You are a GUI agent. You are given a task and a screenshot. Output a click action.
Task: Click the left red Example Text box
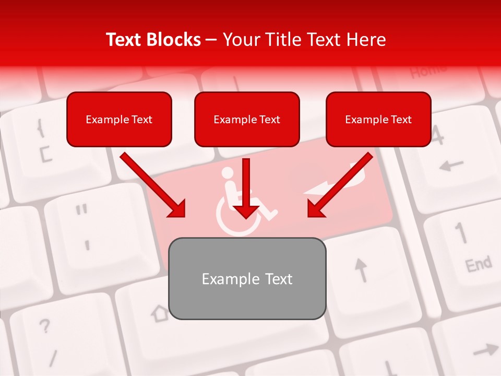pyautogui.click(x=119, y=119)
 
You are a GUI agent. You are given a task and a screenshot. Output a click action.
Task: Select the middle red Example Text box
pyautogui.click(x=247, y=119)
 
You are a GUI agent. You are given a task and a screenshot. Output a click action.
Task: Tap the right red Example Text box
pyautogui.click(x=378, y=119)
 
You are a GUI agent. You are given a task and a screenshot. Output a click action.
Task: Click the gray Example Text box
pyautogui.click(x=247, y=279)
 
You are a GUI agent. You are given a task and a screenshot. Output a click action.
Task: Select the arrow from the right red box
pyautogui.click(x=340, y=185)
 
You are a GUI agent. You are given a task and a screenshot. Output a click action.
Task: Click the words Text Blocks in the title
pyautogui.click(x=153, y=40)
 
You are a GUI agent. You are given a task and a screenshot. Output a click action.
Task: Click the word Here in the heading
pyautogui.click(x=367, y=40)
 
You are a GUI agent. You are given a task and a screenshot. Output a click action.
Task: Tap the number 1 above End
pyautogui.click(x=461, y=232)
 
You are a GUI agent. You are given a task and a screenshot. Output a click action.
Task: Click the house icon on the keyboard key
pyautogui.click(x=160, y=313)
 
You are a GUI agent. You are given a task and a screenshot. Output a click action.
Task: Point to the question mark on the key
pyautogui.click(x=45, y=327)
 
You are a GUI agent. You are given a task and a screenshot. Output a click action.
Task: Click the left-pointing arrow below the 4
pyautogui.click(x=451, y=166)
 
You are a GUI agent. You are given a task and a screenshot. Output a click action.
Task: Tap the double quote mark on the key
pyautogui.click(x=81, y=210)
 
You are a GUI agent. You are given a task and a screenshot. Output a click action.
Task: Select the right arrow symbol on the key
pyautogui.click(x=485, y=349)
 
